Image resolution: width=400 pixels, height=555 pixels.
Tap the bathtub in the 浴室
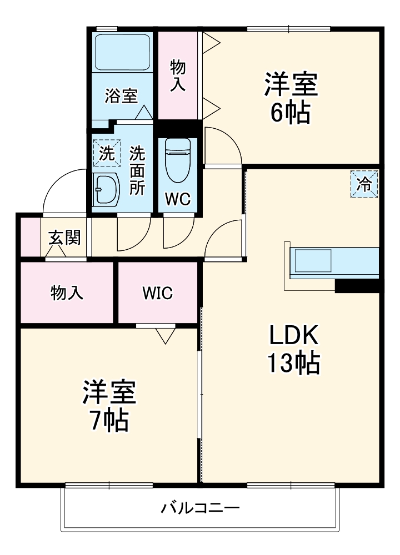(122, 53)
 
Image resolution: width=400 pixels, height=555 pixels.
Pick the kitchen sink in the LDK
(313, 260)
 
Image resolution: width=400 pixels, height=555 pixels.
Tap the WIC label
(157, 292)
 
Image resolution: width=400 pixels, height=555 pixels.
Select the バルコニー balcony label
(201, 507)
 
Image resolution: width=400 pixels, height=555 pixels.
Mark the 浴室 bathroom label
(121, 95)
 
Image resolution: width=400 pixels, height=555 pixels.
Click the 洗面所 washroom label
(137, 169)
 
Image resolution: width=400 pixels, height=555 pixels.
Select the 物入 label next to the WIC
(67, 292)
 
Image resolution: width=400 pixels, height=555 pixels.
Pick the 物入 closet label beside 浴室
(178, 75)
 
